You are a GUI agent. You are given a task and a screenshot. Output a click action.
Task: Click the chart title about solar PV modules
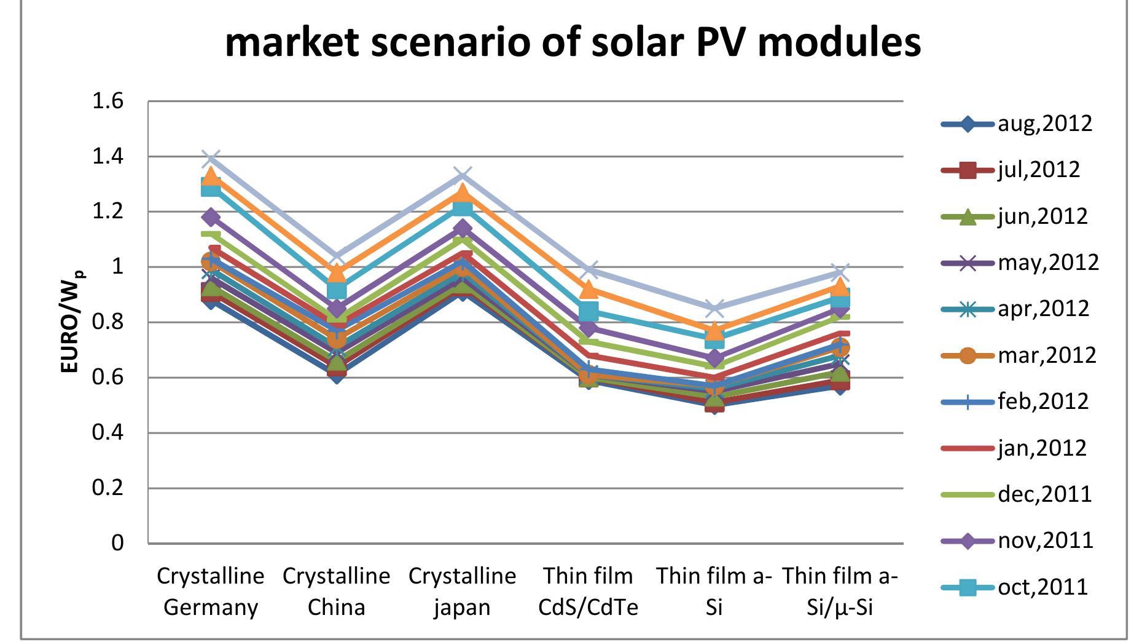(573, 43)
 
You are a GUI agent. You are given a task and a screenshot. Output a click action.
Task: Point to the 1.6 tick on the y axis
(108, 101)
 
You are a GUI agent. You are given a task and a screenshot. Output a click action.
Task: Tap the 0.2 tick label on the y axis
(108, 488)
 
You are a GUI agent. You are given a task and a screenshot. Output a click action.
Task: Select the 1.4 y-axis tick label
(108, 157)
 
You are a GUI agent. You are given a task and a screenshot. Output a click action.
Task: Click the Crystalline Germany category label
(211, 592)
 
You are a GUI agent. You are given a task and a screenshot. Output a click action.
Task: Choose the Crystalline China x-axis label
(337, 592)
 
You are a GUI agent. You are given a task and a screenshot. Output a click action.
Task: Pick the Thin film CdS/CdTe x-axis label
(588, 592)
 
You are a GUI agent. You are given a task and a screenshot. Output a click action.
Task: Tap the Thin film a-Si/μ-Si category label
(840, 592)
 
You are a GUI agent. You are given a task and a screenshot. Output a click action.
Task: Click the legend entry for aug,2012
(1017, 124)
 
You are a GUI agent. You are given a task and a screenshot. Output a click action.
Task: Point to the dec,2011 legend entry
(1017, 494)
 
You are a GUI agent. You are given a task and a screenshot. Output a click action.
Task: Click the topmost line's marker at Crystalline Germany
(211, 159)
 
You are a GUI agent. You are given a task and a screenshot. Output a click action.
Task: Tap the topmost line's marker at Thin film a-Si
(714, 307)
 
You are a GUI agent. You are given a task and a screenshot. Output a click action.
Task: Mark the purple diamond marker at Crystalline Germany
(211, 217)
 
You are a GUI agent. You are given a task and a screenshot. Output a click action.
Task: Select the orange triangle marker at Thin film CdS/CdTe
(588, 289)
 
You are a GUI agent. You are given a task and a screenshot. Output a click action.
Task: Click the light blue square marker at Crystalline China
(337, 290)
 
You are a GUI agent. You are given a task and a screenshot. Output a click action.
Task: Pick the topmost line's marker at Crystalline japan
(463, 176)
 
